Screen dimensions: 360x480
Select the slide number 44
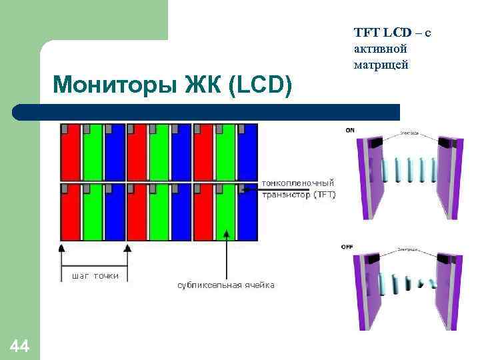pyautogui.click(x=19, y=345)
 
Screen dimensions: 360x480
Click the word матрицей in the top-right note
pyautogui.click(x=381, y=65)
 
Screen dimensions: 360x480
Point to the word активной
pyautogui.click(x=380, y=49)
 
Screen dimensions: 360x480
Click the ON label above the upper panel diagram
pyautogui.click(x=349, y=130)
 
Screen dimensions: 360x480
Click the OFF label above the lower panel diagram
pyautogui.click(x=348, y=247)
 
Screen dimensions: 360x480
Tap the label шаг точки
pyautogui.click(x=95, y=275)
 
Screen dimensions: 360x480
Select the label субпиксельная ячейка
pyautogui.click(x=225, y=285)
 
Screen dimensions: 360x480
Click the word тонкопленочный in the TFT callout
pyautogui.click(x=298, y=183)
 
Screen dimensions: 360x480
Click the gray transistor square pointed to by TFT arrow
pyautogui.click(x=241, y=189)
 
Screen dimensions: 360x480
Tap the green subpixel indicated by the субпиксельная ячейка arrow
pyautogui.click(x=227, y=213)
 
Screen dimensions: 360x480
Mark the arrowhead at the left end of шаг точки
pyautogui.click(x=62, y=248)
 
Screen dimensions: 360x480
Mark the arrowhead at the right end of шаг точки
pyautogui.click(x=128, y=248)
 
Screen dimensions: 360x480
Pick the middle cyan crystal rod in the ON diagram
pyautogui.click(x=410, y=171)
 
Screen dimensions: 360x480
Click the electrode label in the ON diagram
pyautogui.click(x=409, y=133)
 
